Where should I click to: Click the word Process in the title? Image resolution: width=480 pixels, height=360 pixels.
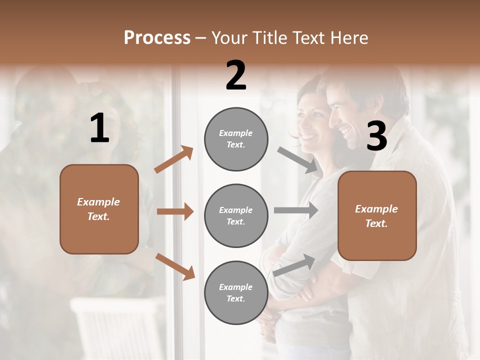(x=157, y=38)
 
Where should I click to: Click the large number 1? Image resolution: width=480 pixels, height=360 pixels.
(x=99, y=128)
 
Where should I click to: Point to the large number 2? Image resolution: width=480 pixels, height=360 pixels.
(x=236, y=75)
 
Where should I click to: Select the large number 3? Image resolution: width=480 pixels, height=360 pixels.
(x=376, y=136)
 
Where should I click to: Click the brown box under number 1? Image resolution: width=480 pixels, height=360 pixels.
(x=99, y=209)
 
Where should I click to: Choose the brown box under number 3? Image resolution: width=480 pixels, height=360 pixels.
(x=377, y=215)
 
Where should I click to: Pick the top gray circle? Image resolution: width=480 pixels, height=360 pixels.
(x=236, y=139)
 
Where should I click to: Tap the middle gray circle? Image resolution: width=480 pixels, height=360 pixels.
(x=236, y=215)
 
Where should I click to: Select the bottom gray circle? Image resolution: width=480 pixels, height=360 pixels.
(x=236, y=292)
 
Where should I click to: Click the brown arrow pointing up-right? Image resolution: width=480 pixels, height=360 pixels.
(x=174, y=159)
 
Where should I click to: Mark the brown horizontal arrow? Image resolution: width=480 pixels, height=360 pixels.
(x=175, y=211)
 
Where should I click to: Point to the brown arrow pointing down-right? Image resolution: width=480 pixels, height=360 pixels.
(x=175, y=266)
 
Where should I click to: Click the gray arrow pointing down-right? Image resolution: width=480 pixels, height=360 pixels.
(x=298, y=160)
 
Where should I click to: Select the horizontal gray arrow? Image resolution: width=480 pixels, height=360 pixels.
(x=296, y=210)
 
